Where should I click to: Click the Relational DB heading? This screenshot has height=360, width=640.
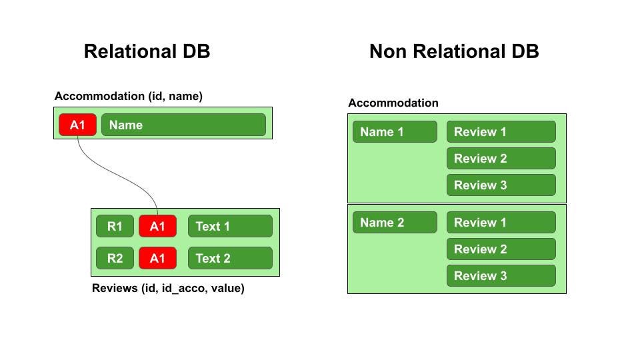tap(147, 51)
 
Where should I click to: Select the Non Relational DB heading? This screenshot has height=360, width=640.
tap(454, 51)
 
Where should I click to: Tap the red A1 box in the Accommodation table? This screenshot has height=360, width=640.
tap(77, 125)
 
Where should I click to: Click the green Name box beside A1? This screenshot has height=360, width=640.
tap(183, 125)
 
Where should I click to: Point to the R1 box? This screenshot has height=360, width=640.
tap(115, 226)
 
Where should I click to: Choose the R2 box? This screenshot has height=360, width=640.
tap(115, 258)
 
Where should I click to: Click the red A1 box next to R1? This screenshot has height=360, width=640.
tap(157, 226)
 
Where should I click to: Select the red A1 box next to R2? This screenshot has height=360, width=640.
tap(157, 258)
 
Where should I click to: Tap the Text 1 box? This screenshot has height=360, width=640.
tap(230, 226)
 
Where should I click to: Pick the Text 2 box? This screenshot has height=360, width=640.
tap(230, 258)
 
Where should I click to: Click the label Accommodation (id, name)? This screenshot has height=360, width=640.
tap(129, 97)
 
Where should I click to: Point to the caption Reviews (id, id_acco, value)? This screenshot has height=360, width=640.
tap(168, 289)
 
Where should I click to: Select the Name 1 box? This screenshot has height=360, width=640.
tap(395, 132)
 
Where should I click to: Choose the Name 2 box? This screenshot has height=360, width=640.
tap(395, 223)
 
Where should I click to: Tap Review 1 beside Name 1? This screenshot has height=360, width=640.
tap(501, 132)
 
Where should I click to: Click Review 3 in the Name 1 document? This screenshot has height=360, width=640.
tap(501, 185)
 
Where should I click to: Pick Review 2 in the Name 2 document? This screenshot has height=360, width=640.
tap(501, 249)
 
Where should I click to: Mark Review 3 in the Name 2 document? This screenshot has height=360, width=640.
tap(501, 276)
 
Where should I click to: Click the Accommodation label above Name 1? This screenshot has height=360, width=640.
tap(393, 103)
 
